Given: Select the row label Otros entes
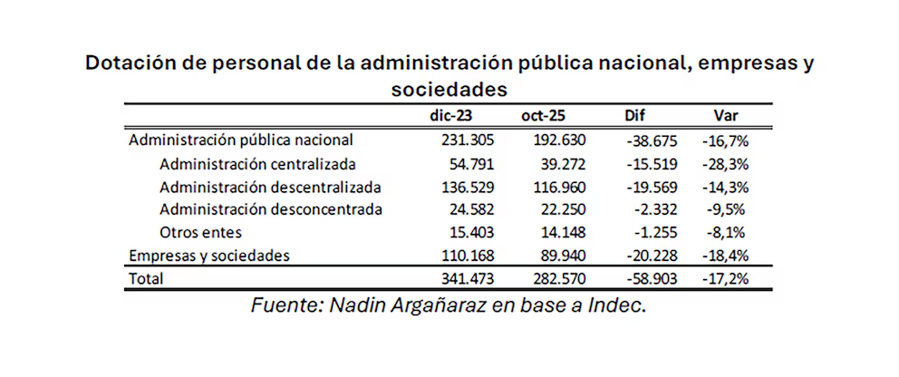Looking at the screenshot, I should (x=202, y=232).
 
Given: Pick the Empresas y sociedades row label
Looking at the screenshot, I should (x=209, y=256).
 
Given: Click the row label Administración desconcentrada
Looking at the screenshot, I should (x=270, y=209).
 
